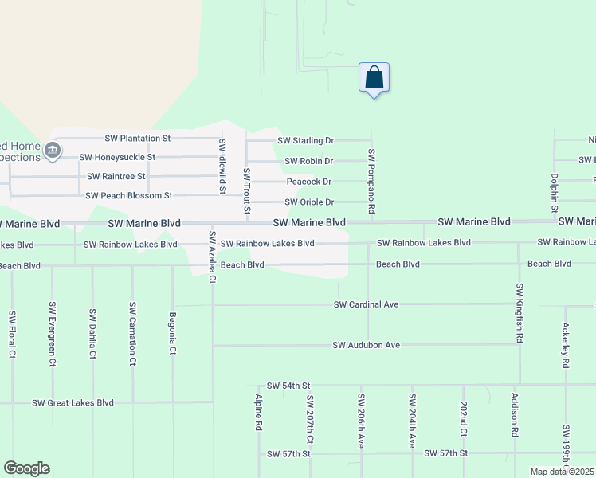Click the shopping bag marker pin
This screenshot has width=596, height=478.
pos(374,78)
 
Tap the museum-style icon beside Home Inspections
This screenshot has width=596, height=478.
pos(53,150)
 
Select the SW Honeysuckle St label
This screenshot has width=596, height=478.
pos(117,158)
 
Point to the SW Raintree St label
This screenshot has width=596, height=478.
pos(116,176)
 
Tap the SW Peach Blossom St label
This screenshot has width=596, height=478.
pos(129,195)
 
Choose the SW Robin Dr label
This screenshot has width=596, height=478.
pos(309,161)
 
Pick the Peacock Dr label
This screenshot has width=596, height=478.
pos(309,182)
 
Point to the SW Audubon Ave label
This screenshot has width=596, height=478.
pos(366,345)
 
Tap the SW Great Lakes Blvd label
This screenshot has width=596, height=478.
pos(73,403)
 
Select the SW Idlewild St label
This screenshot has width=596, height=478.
pos(222,166)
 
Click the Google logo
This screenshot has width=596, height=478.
pos(26,468)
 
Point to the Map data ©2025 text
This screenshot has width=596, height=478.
pos(563,472)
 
